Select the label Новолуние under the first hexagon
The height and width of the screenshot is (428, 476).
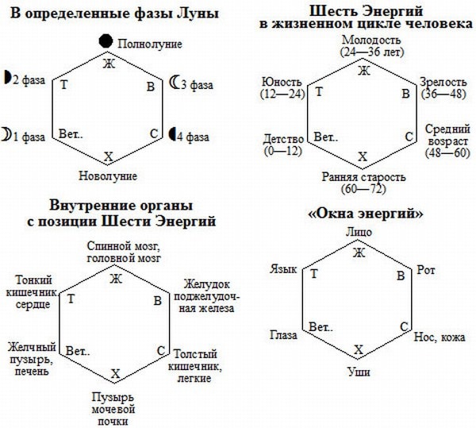pyautogui.click(x=109, y=175)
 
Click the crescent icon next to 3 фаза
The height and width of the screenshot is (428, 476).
pyautogui.click(x=175, y=81)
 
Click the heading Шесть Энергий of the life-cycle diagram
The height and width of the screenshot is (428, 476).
pyautogui.click(x=363, y=10)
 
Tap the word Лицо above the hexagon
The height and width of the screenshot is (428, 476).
pyautogui.click(x=359, y=233)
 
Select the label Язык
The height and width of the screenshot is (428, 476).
pyautogui.click(x=284, y=271)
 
